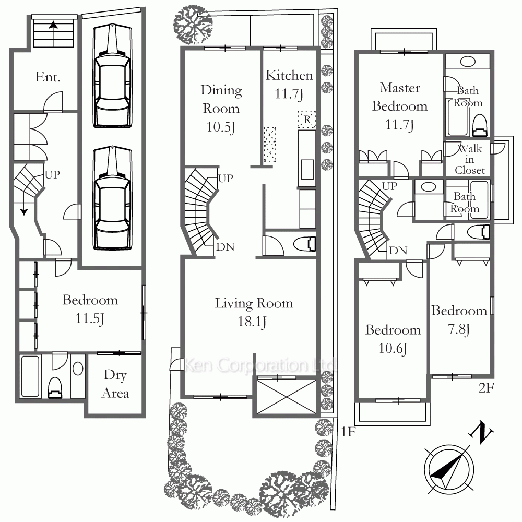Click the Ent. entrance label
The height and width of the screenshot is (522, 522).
(x=48, y=77)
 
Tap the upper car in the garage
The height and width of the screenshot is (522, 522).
(x=113, y=76)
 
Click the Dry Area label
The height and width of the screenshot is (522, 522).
(x=115, y=384)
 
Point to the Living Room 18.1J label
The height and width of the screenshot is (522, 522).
(x=254, y=312)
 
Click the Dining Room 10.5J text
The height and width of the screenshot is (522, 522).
(x=221, y=109)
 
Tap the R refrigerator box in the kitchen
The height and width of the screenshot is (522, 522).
(x=307, y=119)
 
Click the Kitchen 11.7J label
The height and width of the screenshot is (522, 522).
(x=289, y=85)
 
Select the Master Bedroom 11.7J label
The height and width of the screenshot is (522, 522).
(x=400, y=106)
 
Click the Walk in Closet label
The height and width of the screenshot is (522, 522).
(x=470, y=159)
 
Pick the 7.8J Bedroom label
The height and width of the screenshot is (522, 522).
(x=459, y=319)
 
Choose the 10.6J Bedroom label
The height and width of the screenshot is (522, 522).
(x=393, y=339)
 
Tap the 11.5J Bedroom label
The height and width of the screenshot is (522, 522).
(x=90, y=309)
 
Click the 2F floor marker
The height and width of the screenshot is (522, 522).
(x=486, y=388)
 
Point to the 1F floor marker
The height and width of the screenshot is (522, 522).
(x=348, y=432)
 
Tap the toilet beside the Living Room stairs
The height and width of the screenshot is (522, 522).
(x=305, y=244)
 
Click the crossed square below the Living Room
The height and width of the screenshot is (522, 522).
(x=286, y=397)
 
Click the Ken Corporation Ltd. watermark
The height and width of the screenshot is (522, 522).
(x=259, y=365)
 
